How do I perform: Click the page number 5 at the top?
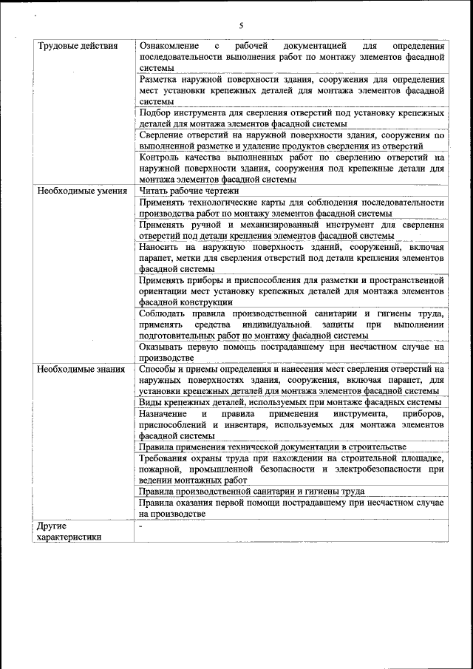tap(241, 26)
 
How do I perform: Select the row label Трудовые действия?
tap(77, 46)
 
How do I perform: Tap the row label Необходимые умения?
tap(78, 190)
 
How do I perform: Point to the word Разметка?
tap(158, 79)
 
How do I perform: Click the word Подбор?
tap(154, 112)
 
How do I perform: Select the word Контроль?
tap(159, 157)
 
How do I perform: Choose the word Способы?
tap(159, 368)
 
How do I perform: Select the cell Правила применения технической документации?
tap(272, 446)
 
